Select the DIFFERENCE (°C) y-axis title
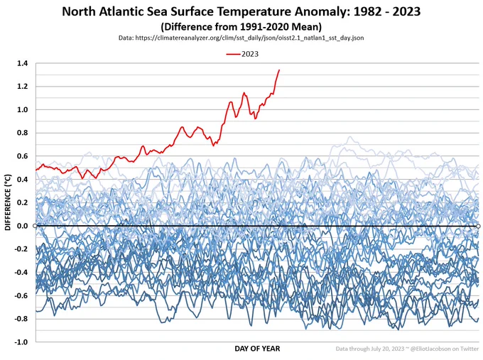pos(8,202)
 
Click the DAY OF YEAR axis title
pos(257,349)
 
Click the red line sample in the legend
pos(233,53)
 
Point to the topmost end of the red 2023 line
pos(279,70)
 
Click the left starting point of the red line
pos(36,169)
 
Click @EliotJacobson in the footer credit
pos(424,349)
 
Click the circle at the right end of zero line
pos(478,226)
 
